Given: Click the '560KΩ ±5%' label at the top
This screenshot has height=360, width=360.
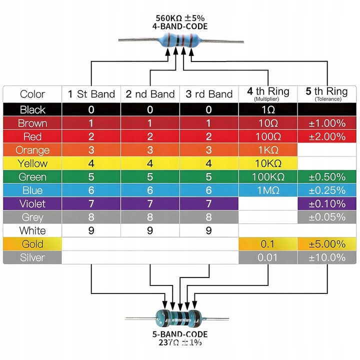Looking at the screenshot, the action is point(180,18).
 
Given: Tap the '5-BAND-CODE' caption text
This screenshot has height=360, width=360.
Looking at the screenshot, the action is point(180,334).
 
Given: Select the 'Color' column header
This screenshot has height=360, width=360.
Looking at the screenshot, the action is point(32,94).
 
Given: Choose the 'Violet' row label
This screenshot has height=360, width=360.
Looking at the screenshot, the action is point(32,203).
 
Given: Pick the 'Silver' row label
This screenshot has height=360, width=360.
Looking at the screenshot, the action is point(32,257).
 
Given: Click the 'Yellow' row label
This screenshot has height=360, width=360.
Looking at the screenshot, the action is point(32,163).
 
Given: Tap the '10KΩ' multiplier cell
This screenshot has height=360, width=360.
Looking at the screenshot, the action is point(268,163).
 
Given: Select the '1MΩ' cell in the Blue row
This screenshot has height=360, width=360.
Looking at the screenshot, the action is point(268,190).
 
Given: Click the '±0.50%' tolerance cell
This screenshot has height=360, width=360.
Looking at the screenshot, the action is point(327,177).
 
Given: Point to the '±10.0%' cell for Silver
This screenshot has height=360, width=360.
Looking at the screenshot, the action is point(327,257).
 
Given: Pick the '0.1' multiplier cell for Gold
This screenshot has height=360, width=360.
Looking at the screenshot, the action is point(267,244).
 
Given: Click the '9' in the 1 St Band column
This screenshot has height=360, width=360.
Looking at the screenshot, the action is point(91,230).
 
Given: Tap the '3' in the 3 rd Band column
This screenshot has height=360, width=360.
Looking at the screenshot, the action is point(208,150).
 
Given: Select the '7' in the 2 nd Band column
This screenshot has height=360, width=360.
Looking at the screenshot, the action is point(150,204).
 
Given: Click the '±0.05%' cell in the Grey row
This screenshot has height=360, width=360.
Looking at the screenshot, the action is point(327,217).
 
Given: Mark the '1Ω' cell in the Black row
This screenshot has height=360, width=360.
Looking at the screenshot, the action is point(268,109).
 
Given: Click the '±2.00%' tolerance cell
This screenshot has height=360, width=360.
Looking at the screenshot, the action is point(327,136).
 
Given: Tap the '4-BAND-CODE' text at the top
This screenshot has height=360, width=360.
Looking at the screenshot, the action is point(180,26).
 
